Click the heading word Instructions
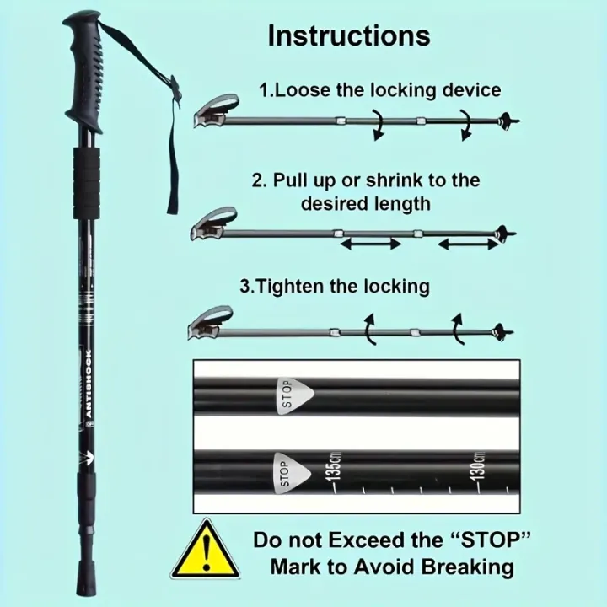pyautogui.click(x=348, y=35)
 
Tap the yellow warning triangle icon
pyautogui.click(x=205, y=551)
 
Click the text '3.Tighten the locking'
pyautogui.click(x=334, y=286)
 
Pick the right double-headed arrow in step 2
pyautogui.click(x=469, y=245)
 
